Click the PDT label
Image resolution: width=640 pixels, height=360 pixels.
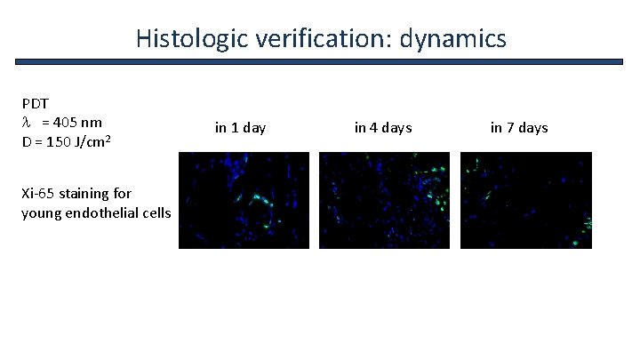(35, 103)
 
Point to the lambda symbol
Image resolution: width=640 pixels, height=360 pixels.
(27, 122)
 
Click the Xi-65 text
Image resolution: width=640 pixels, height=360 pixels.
(37, 193)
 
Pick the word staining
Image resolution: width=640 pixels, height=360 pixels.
(85, 193)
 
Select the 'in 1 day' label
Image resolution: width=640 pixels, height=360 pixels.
(240, 128)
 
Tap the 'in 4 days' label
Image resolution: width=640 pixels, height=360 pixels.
(383, 128)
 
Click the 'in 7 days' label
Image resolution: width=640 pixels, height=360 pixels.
(519, 128)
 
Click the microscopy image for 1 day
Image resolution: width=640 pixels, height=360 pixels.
(244, 200)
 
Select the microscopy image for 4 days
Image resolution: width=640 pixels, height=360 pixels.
(384, 200)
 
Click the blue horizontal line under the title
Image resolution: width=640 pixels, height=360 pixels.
(320, 61)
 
